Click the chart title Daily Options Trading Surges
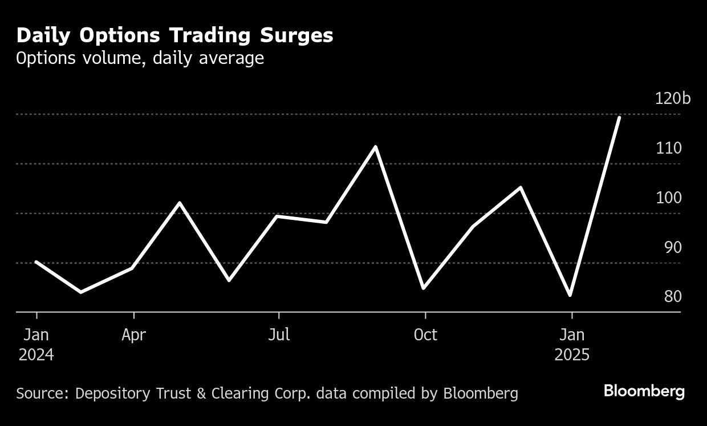174,35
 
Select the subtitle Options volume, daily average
140,58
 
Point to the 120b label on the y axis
673,99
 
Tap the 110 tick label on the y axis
668,148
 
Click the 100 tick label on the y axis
668,198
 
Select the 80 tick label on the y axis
672,297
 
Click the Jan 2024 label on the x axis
36,344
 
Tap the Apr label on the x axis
133,335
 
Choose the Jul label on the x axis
279,335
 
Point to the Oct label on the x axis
425,335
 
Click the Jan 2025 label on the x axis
572,344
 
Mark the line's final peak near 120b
619,117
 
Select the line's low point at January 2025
570,295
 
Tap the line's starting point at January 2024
36,262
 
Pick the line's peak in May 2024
180,203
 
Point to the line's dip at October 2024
423,288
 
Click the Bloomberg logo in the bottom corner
644,392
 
